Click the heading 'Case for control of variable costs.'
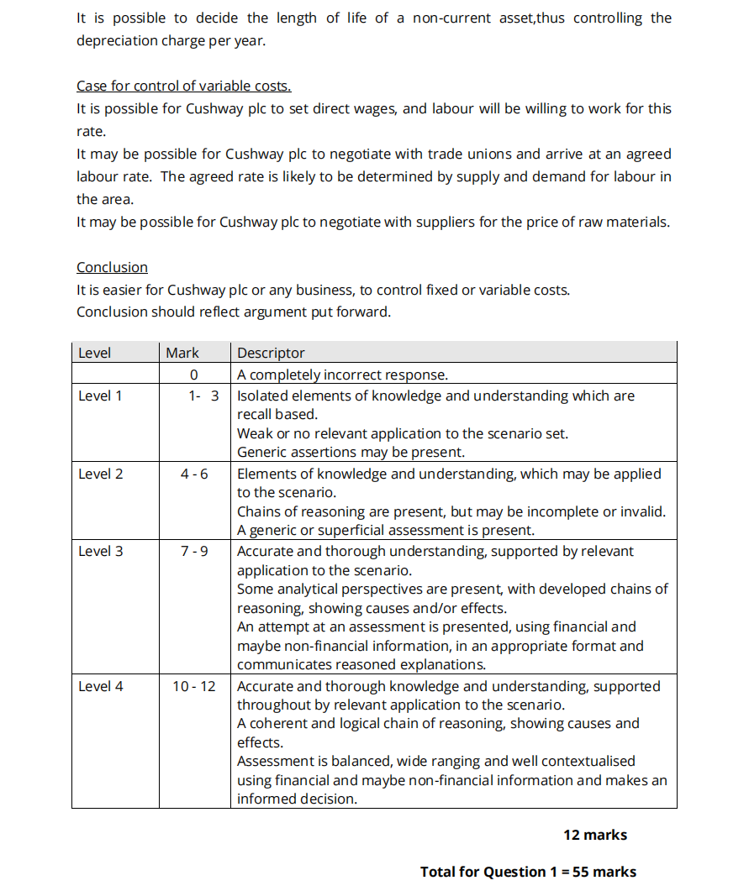(183, 86)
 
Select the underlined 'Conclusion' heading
(112, 267)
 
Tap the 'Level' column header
(94, 353)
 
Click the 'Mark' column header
(182, 353)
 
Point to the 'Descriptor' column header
(271, 353)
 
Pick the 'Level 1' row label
(100, 396)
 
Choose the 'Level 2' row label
(100, 474)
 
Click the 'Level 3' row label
(100, 551)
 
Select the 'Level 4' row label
(100, 686)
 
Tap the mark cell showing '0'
(193, 375)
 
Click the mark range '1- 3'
(203, 396)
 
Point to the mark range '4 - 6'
(194, 474)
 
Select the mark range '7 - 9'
(194, 551)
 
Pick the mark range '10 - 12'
(194, 686)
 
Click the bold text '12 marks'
(595, 835)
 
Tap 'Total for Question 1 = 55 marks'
(528, 872)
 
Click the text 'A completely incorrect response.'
(342, 375)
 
